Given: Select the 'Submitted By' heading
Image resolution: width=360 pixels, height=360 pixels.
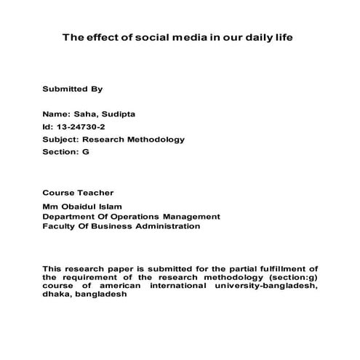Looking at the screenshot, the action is pyautogui.click(x=73, y=89).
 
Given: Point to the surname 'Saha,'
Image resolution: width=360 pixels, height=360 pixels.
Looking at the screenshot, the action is pyautogui.click(x=88, y=114).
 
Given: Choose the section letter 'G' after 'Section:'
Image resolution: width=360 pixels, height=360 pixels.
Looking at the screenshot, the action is pyautogui.click(x=86, y=152).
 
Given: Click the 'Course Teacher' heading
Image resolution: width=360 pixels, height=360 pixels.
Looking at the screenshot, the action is pyautogui.click(x=78, y=193).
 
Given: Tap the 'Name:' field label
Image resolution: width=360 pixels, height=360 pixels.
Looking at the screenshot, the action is pyautogui.click(x=56, y=114).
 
